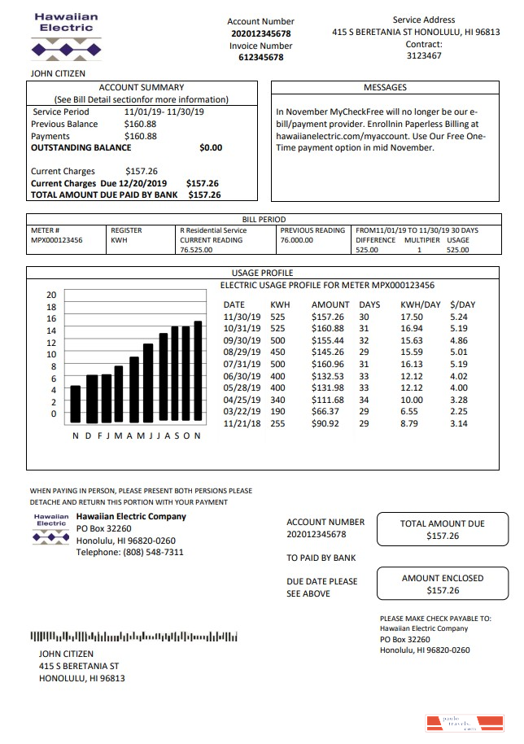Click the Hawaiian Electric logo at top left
coord(66,37)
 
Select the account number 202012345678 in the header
coord(260,33)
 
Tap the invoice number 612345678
coord(260,58)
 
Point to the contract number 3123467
coord(424,56)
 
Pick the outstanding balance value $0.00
coord(210,148)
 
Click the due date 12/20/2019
coord(145,184)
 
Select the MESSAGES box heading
coord(385,87)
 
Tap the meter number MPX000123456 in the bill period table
coord(56,241)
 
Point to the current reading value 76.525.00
coord(195,251)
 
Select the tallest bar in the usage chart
coord(198,371)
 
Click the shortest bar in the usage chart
coord(76,404)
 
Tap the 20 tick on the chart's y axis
coord(50,295)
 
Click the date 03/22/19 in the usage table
coord(242,412)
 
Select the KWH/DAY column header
coord(421,304)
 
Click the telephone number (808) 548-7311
coord(130,553)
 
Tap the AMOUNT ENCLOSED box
coord(443,584)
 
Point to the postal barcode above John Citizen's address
coord(133,637)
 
